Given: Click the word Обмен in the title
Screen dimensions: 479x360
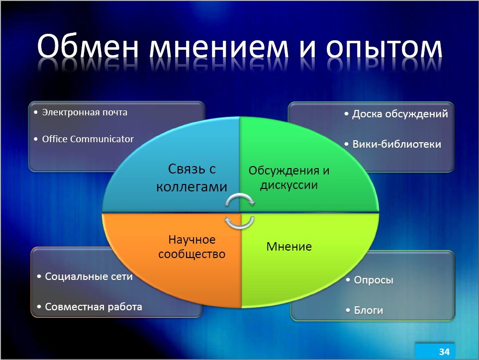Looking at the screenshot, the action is coord(88,46).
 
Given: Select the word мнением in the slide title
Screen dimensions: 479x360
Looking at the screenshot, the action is coord(219,48).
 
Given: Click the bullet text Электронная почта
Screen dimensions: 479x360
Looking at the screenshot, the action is coord(85,112).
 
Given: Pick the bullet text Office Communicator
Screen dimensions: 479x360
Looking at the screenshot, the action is coord(88,139).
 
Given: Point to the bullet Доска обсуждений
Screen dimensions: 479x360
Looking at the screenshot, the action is coord(400,114).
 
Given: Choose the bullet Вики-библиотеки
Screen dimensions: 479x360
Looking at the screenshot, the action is coord(397,144).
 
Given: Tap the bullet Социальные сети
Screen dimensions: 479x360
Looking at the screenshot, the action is coord(89,276).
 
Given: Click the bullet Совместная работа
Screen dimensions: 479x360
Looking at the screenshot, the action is coord(94,307).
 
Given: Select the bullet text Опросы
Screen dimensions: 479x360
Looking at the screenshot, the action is coord(374,280).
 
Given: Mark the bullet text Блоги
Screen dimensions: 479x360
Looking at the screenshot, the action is coord(369,310).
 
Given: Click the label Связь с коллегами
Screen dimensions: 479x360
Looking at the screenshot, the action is coord(192,178).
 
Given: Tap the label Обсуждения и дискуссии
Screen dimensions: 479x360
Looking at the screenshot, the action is coord(289,178).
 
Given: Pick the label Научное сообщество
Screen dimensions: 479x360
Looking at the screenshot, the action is coord(192,247).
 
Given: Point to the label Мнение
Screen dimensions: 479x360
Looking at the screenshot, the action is coord(289,247).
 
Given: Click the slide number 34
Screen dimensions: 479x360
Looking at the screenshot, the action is coord(444,352).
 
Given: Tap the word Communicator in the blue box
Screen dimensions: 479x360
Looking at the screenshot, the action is coord(102,139).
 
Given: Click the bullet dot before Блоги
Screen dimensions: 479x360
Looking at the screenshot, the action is coord(348,310).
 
